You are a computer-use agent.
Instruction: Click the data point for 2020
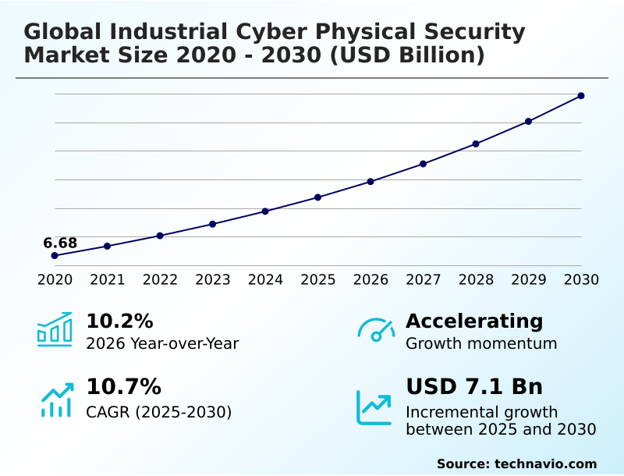point(55,255)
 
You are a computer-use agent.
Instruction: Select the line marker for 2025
point(318,197)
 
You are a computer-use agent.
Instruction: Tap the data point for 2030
point(581,96)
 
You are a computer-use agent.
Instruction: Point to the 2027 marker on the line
point(423,164)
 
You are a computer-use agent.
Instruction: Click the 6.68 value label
point(60,243)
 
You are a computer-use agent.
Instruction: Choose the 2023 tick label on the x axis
point(212,280)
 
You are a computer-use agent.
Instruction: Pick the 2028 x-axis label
point(475,280)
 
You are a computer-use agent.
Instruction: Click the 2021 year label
point(107,280)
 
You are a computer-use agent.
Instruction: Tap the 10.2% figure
point(119,321)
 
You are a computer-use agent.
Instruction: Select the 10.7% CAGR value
point(123,387)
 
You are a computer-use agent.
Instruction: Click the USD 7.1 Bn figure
point(474,387)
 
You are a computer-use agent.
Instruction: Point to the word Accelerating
point(474,321)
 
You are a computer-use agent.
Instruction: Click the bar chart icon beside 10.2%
point(55,330)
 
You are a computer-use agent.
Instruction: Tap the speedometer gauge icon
point(376,329)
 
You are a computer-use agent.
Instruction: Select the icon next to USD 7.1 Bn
point(374,407)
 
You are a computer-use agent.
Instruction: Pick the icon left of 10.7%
point(56,400)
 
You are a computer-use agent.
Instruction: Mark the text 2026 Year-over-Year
point(162,343)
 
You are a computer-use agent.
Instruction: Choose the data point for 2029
point(528,122)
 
